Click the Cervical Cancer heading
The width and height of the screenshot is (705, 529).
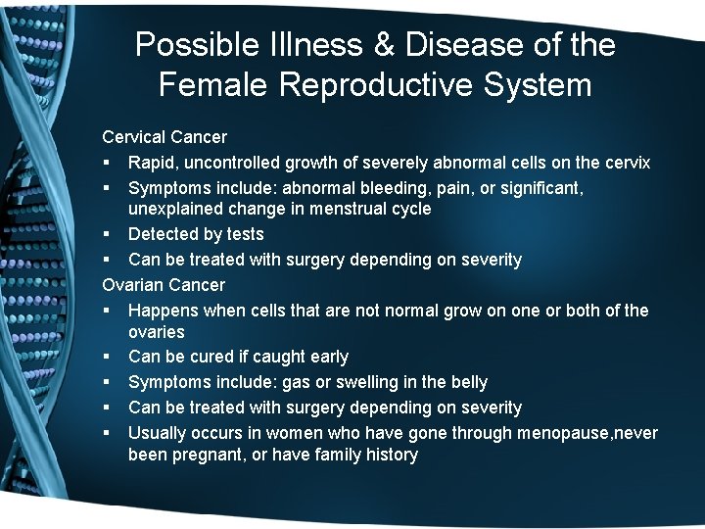tap(164, 137)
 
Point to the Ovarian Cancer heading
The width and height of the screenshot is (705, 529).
tap(164, 285)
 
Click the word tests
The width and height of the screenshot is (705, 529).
tap(243, 234)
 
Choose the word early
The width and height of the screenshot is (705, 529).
tap(328, 357)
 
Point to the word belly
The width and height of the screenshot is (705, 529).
tap(464, 382)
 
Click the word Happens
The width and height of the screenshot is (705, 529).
tap(163, 311)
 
